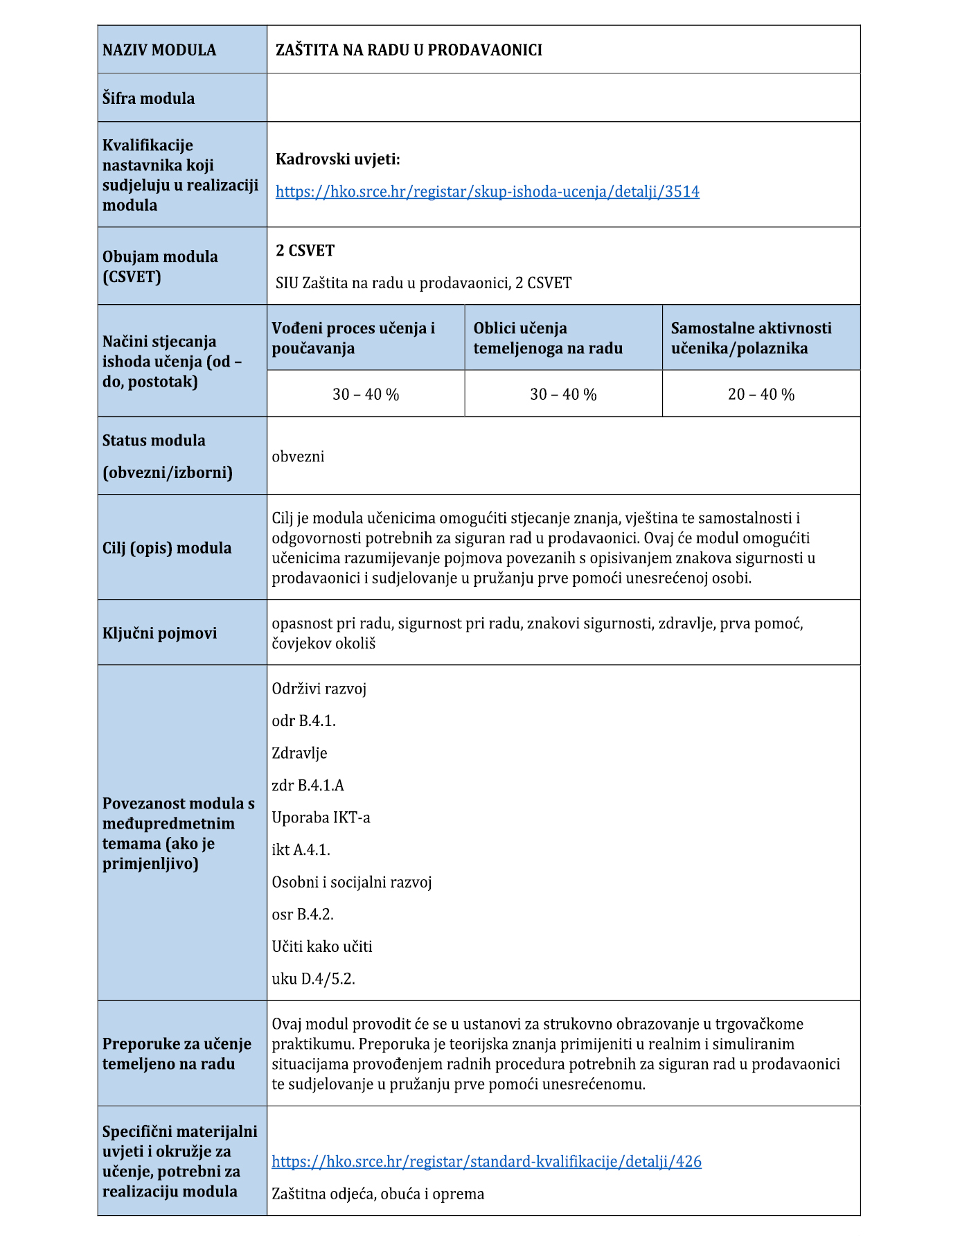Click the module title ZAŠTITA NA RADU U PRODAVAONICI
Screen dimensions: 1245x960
[x=409, y=50]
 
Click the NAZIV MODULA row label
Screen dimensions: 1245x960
[x=159, y=50]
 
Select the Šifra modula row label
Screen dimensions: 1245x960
[x=148, y=98]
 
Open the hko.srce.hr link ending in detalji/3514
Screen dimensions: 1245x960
[x=487, y=192]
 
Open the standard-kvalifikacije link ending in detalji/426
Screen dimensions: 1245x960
[x=486, y=1162]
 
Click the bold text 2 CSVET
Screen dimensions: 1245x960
[x=305, y=251]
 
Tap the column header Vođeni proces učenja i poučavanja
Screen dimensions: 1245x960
[x=353, y=338]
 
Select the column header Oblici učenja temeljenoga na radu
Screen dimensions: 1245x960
[x=548, y=338]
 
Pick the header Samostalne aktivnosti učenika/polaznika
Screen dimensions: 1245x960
[x=751, y=338]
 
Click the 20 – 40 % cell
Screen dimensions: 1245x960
[x=761, y=394]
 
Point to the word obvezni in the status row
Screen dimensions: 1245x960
[x=298, y=457]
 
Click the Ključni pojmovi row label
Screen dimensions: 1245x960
[x=159, y=633]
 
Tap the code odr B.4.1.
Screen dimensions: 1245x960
[x=303, y=721]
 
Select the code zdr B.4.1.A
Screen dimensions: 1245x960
[x=308, y=786]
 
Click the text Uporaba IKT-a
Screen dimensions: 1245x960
[x=321, y=818]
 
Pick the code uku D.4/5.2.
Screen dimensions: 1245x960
[x=313, y=979]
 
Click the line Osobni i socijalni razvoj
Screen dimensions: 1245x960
[x=351, y=882]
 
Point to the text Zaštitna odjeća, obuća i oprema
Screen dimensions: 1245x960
[x=377, y=1194]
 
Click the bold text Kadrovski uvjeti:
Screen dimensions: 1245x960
[x=337, y=159]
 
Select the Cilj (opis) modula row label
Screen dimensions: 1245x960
[x=166, y=548]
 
